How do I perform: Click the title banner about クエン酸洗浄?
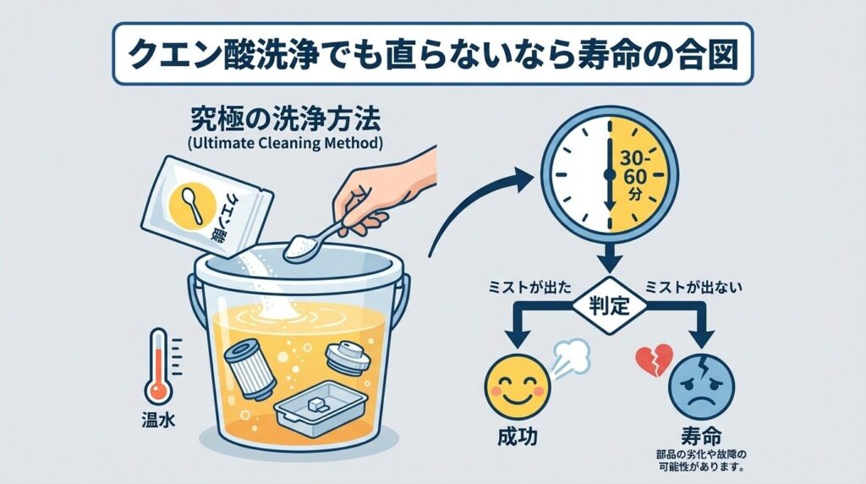click(x=433, y=53)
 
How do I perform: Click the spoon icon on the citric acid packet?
click(x=192, y=206)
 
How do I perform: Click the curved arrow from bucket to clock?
click(x=474, y=207)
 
